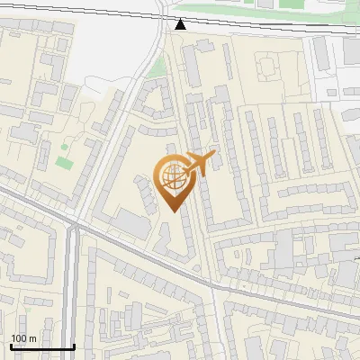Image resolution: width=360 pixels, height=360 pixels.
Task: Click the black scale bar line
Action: (x=41, y=346)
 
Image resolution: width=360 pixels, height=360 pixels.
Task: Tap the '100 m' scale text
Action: (x=23, y=338)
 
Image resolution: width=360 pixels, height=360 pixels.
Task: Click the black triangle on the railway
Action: (x=181, y=23)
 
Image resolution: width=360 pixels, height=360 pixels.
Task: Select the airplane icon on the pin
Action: (x=201, y=164)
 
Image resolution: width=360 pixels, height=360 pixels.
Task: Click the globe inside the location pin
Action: (x=173, y=178)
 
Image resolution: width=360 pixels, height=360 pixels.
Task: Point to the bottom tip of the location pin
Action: (x=173, y=211)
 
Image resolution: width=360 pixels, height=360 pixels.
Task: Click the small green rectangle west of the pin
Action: (x=63, y=163)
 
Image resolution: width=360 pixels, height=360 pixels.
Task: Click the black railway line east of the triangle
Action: (x=270, y=26)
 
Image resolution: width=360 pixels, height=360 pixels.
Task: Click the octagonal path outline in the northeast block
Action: (x=269, y=64)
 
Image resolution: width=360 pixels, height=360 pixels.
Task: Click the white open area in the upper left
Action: (x=99, y=49)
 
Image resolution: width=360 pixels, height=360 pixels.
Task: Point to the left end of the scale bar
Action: (x=10, y=346)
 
